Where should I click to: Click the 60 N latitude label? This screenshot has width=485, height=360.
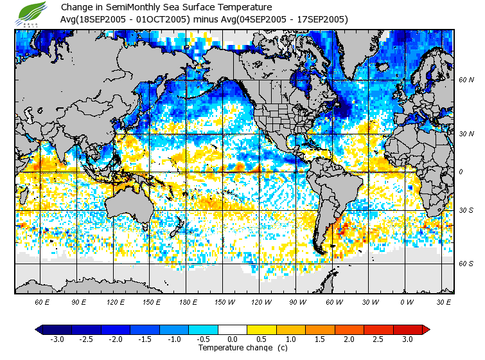click(466, 80)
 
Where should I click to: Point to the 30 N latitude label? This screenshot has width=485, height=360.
click(466, 134)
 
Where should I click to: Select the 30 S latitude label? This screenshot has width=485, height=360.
click(466, 211)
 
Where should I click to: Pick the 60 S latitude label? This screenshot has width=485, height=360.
click(466, 264)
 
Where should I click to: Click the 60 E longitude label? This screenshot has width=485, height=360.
click(42, 301)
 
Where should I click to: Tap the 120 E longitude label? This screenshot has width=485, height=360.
click(116, 301)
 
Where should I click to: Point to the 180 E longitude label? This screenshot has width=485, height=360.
click(188, 301)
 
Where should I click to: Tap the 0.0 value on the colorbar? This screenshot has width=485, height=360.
click(233, 339)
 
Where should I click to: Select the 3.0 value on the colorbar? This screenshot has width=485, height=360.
click(407, 339)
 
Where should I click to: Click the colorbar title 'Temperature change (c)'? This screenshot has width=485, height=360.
click(233, 348)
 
